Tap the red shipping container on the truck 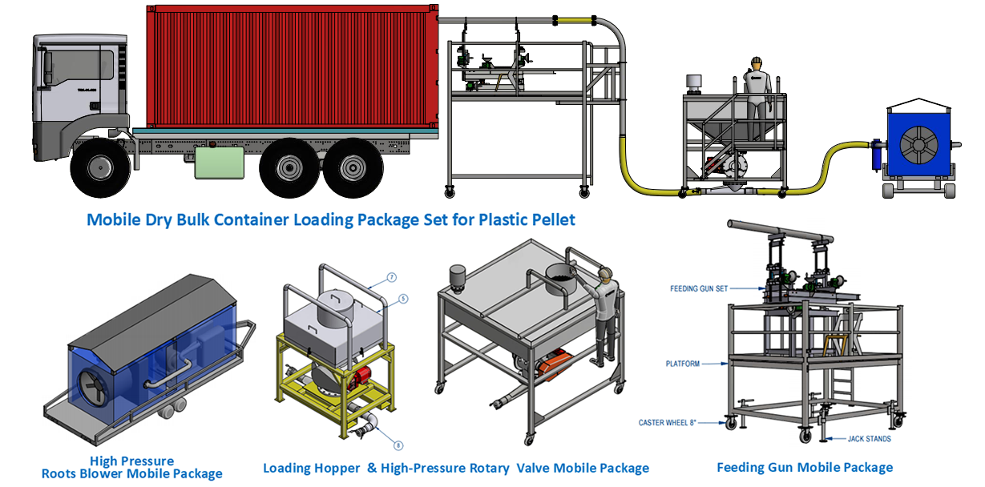(293, 68)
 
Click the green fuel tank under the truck (219, 162)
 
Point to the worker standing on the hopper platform (755, 92)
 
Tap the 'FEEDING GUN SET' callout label (699, 288)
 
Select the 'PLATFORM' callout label (682, 364)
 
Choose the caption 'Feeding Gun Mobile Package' (804, 467)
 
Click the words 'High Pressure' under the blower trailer (131, 461)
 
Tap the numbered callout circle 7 (392, 277)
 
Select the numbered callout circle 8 (399, 445)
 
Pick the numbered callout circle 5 (404, 298)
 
